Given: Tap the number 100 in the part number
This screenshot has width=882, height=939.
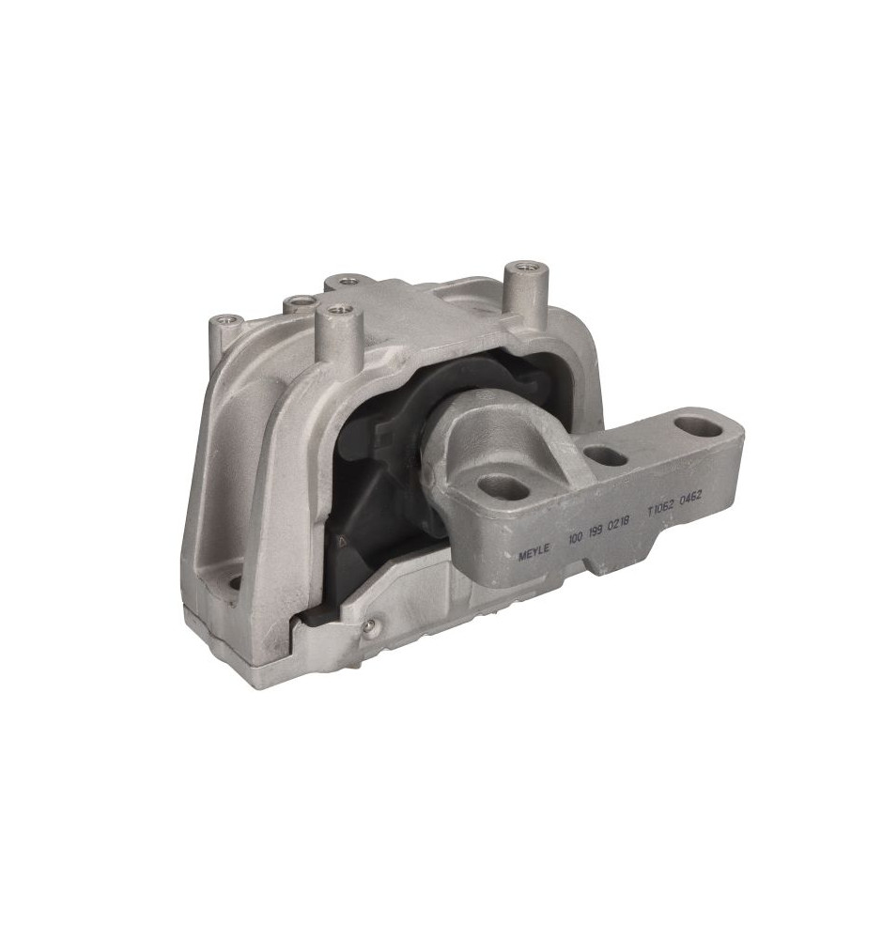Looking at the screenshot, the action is [575, 538].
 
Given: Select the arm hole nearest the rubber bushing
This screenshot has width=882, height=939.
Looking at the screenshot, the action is [504, 486].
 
